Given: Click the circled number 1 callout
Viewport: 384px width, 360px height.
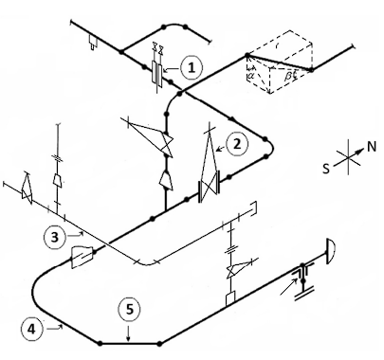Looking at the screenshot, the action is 191,67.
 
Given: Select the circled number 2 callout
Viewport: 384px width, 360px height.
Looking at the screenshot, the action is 237,144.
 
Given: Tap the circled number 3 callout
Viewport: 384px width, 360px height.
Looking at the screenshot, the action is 55,237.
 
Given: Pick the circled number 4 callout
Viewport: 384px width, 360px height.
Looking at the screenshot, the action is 32,329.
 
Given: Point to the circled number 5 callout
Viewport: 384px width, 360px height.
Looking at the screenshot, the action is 130,310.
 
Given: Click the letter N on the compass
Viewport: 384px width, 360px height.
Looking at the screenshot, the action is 372,147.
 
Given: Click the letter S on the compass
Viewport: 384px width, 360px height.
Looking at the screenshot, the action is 326,169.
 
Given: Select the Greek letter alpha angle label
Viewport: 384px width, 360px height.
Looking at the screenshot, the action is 251,75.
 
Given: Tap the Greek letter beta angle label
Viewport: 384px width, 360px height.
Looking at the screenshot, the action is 288,76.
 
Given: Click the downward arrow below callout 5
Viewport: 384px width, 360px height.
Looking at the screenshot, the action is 128,334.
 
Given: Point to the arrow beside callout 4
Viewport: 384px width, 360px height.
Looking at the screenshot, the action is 55,329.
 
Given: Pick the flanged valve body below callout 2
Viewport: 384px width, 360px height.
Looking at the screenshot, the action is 209,190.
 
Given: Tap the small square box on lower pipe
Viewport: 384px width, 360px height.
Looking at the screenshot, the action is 230,298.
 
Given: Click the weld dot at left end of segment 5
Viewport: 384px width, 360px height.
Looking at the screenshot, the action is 100,343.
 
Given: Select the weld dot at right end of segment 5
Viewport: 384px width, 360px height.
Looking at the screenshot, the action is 159,343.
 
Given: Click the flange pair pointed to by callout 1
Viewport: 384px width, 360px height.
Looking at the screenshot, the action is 157,74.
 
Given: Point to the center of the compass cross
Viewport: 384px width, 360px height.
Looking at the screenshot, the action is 349,157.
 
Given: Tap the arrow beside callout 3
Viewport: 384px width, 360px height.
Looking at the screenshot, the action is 75,234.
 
